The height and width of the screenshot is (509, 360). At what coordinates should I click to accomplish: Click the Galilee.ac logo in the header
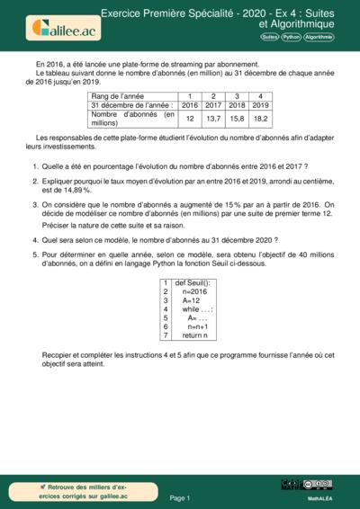[64, 26]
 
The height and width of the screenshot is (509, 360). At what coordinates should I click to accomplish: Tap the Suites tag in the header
[269, 38]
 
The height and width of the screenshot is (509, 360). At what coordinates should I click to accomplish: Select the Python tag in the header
[291, 38]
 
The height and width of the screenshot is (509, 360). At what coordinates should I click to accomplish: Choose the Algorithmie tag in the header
[319, 38]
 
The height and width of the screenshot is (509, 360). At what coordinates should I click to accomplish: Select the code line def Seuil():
[192, 282]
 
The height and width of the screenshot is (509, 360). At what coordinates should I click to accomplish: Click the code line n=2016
[193, 292]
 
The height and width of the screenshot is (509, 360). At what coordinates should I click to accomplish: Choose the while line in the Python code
[197, 308]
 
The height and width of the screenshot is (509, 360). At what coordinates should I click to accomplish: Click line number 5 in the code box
[166, 317]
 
